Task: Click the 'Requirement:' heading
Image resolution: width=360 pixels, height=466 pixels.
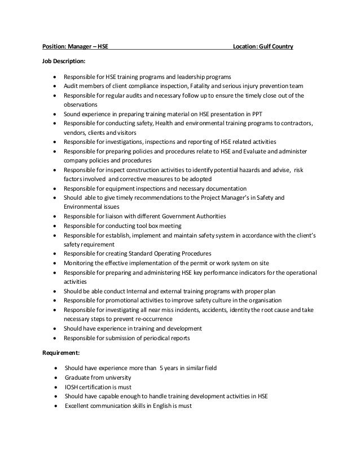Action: click(x=61, y=352)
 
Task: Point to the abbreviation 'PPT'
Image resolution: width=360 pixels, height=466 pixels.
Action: click(x=257, y=114)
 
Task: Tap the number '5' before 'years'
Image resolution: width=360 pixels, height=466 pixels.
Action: click(x=161, y=368)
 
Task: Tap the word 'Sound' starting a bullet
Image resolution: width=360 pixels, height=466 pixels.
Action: click(x=73, y=114)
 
